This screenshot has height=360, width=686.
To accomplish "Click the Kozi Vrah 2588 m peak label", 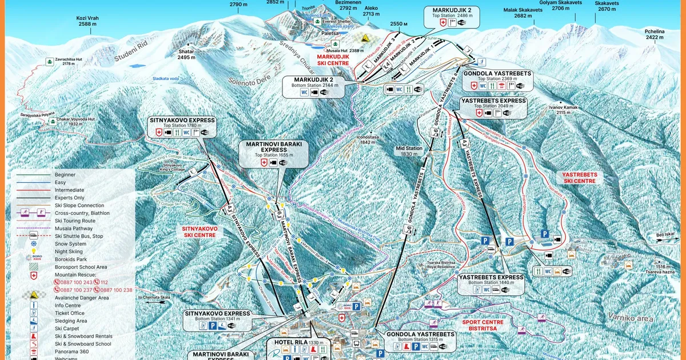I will [87, 21].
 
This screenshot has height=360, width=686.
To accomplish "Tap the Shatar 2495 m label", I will [186, 54].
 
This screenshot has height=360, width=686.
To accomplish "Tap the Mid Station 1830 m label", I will [409, 151].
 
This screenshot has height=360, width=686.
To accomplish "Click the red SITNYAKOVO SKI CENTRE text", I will [199, 231].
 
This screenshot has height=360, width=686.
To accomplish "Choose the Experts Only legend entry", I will [69, 198].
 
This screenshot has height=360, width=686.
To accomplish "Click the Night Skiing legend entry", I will [69, 251].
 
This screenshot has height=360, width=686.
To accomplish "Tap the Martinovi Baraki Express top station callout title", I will [273, 147].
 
